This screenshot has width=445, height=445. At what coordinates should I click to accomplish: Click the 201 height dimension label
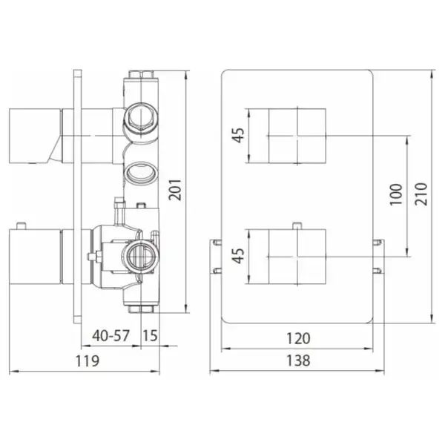point(174,190)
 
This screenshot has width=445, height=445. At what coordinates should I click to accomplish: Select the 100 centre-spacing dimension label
point(396,194)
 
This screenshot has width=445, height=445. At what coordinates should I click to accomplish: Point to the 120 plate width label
point(298,339)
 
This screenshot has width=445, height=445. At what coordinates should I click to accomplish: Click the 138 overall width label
point(298,360)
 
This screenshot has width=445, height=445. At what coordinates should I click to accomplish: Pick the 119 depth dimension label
point(88,361)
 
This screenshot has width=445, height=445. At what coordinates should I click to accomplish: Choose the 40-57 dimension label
point(111,336)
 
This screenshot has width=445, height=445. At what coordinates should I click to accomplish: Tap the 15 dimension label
point(150,336)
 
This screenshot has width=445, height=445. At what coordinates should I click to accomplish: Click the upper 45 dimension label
point(238,135)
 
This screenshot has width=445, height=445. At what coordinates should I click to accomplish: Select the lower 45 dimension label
point(238,256)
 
